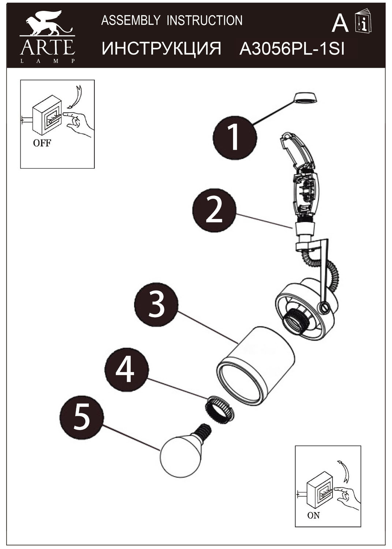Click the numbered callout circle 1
coord(235,138)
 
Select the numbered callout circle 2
coord(214,210)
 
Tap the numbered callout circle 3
coord(156,305)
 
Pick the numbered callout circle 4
coord(127,369)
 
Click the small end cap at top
coord(305,98)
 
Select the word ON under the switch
coord(313,515)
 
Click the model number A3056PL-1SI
coord(292,49)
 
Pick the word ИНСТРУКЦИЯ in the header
coord(161,49)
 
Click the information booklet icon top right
coord(363,21)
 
